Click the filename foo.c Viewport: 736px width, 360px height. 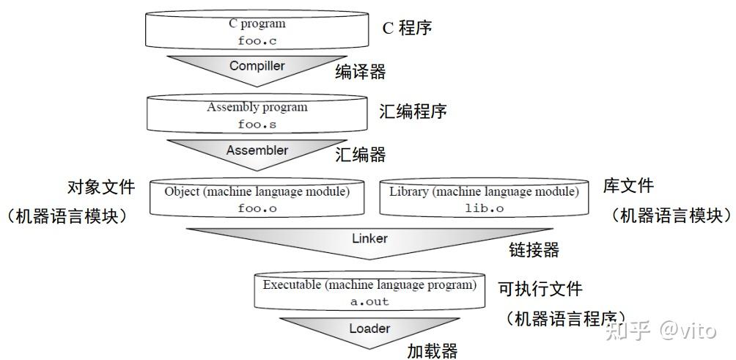click(x=257, y=41)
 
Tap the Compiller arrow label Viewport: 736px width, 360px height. click(x=257, y=66)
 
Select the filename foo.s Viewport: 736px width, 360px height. click(x=257, y=125)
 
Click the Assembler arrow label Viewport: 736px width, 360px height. click(x=257, y=151)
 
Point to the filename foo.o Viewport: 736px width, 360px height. click(x=257, y=207)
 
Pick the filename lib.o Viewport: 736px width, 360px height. click(x=484, y=207)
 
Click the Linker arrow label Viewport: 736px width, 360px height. click(x=369, y=238)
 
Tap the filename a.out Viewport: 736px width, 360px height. click(x=369, y=301)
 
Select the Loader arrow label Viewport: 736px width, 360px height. click(x=369, y=328)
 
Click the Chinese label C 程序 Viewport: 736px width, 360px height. click(x=407, y=28)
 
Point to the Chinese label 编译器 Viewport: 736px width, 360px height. click(x=361, y=71)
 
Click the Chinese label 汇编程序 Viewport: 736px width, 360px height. click(x=413, y=111)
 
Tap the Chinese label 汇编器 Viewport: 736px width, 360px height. click(x=361, y=155)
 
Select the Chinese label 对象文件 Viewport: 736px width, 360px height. click(x=101, y=187)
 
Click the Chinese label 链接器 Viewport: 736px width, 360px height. click(x=534, y=250)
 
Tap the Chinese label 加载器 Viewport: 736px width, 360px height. click(x=433, y=350)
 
